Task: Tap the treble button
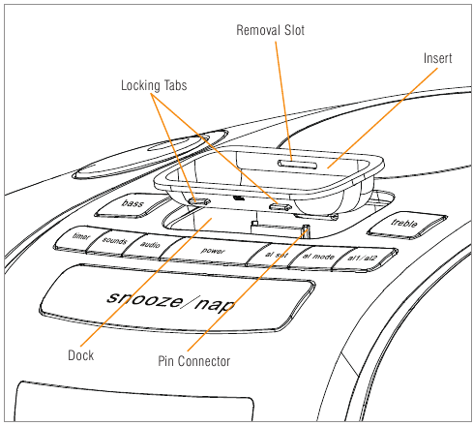click(407, 225)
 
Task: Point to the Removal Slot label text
click(270, 30)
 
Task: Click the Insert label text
click(437, 58)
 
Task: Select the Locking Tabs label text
click(154, 85)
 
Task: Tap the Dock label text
click(80, 355)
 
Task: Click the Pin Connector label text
click(193, 361)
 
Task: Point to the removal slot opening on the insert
click(297, 165)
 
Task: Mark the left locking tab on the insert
click(199, 201)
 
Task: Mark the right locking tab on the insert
click(281, 206)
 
